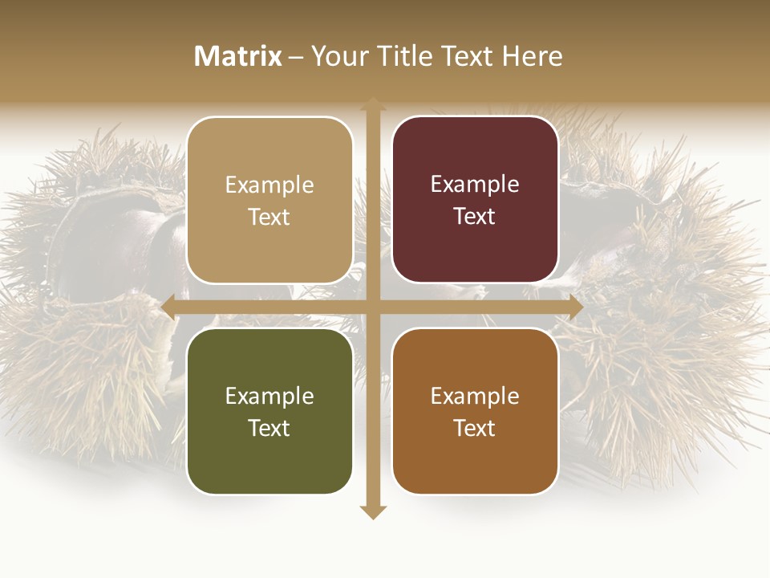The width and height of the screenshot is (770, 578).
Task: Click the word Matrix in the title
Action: coord(238,56)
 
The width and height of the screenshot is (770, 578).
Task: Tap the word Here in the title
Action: coord(533,56)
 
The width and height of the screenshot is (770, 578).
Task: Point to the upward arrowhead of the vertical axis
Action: coord(372,104)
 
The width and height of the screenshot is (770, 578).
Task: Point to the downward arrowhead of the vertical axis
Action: coord(372,512)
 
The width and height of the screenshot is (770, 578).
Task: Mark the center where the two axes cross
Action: coord(372,307)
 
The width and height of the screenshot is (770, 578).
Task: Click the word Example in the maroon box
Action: coord(475,185)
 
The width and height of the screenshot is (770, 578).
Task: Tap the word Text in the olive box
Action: coord(269,428)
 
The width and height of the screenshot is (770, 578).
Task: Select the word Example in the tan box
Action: coord(269,185)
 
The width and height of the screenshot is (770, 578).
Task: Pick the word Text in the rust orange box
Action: coord(475,428)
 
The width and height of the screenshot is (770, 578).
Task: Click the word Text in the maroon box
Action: coord(475,217)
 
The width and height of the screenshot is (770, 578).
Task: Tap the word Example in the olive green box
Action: coord(269,396)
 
